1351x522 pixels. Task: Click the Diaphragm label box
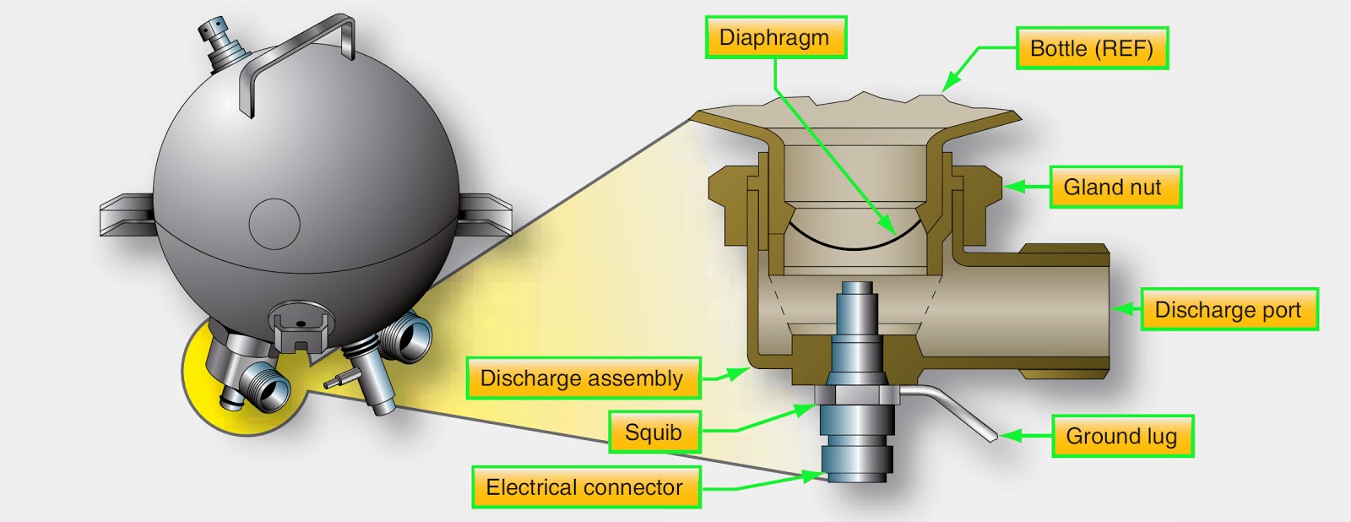[x=775, y=38]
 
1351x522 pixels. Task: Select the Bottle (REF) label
[x=1092, y=48]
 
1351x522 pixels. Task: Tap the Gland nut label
[x=1115, y=188]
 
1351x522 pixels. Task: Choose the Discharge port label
[x=1229, y=310]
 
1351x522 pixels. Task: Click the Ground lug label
[x=1122, y=436]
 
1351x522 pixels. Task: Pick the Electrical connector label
[x=585, y=487]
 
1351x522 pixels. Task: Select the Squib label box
[x=654, y=432]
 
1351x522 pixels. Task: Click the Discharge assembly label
[x=583, y=378]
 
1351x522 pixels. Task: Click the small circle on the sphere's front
[x=274, y=224]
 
